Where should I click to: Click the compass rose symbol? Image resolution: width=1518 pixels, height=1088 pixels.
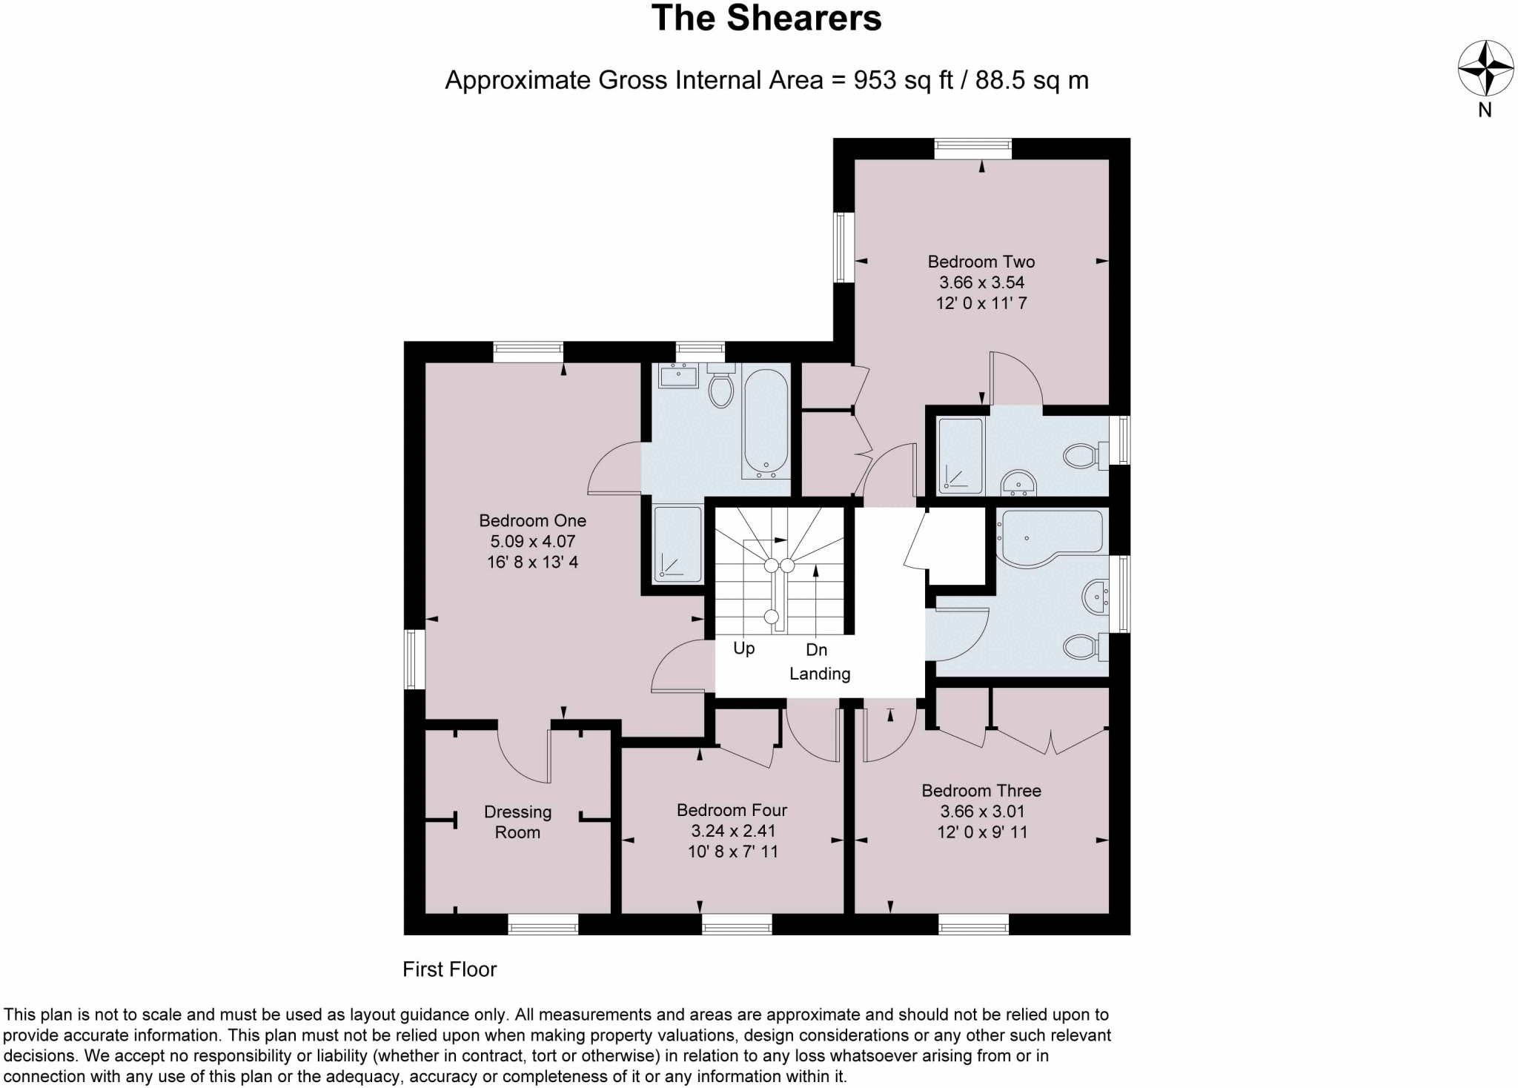(x=1485, y=69)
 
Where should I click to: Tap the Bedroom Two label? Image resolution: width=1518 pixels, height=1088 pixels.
(x=981, y=262)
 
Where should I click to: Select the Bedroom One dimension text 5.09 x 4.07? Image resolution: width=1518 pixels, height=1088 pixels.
(x=532, y=542)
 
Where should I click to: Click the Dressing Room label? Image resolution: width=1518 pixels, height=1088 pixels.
(x=517, y=822)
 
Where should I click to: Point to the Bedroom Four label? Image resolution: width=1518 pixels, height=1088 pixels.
(x=732, y=810)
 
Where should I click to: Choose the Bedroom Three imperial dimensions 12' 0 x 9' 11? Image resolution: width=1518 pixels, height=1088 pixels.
(x=981, y=832)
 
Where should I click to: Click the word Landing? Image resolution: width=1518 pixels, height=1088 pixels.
(x=819, y=674)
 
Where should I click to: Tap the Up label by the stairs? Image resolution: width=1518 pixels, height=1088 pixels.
(x=743, y=649)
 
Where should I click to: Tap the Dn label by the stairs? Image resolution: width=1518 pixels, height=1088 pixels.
(x=816, y=650)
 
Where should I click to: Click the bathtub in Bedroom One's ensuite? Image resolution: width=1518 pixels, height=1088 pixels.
(x=766, y=422)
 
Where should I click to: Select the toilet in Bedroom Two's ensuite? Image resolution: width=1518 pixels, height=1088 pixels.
(x=1084, y=456)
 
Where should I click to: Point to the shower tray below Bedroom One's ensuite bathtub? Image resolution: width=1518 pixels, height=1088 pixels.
(x=677, y=544)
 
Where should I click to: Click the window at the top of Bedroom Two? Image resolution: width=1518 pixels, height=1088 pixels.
(x=972, y=149)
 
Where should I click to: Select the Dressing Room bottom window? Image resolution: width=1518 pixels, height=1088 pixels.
(x=543, y=923)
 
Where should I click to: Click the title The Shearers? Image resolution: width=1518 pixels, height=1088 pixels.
(x=766, y=19)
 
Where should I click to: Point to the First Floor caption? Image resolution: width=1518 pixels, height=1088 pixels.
(x=449, y=969)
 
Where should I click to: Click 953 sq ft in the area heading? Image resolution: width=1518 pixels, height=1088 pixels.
(x=903, y=80)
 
